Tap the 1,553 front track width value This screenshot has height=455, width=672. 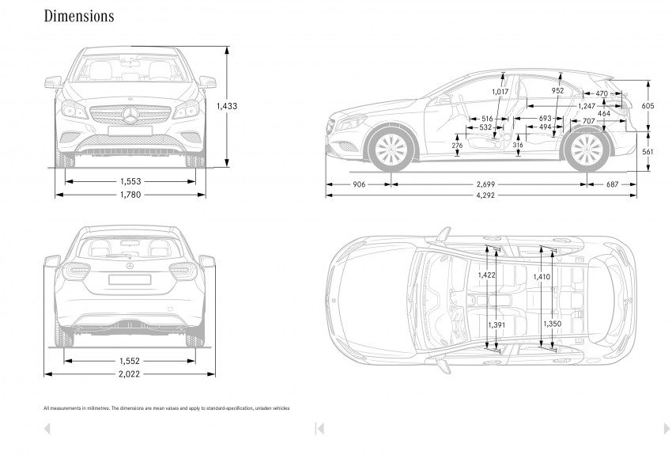130,181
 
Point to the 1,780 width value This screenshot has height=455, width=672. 130,195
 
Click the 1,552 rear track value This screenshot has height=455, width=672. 130,360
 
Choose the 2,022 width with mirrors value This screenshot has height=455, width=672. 130,374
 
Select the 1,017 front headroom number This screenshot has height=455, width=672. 500,92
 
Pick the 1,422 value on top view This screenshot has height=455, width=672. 487,275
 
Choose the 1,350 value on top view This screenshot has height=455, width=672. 552,324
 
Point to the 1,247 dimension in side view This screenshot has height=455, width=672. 586,104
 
